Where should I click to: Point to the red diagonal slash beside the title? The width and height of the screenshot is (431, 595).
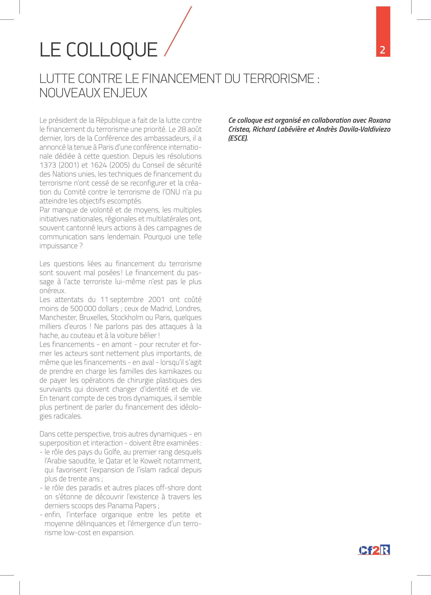[x=178, y=31]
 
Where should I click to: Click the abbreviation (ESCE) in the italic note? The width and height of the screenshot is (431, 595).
[x=238, y=138]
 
